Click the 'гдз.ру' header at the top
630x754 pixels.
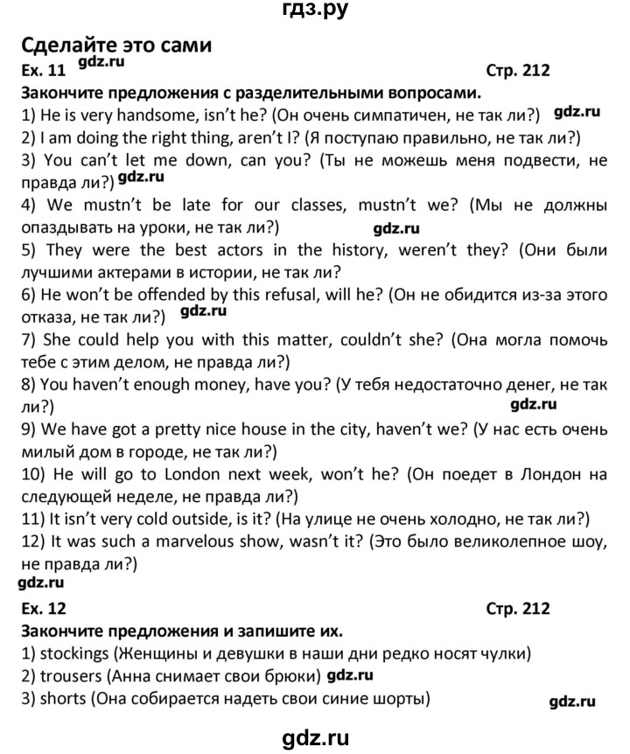315,11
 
